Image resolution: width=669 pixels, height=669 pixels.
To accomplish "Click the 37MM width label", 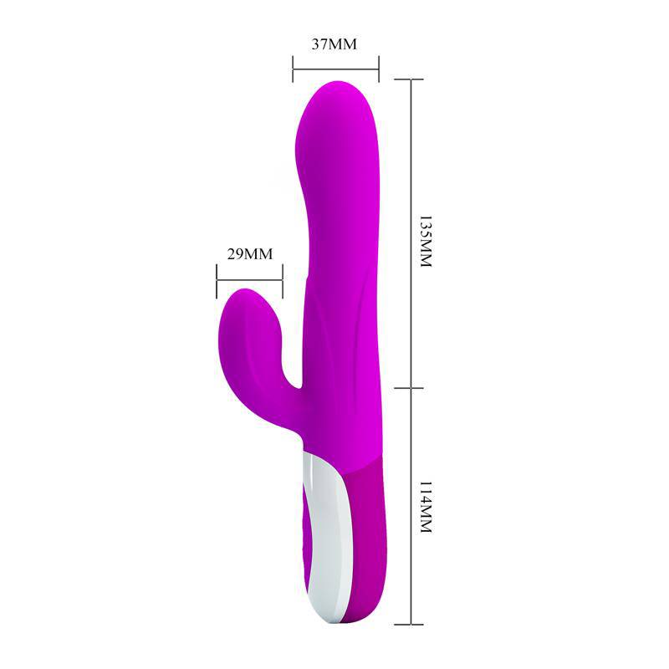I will point(334,44).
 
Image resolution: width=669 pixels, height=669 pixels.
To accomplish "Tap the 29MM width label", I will point(250,253).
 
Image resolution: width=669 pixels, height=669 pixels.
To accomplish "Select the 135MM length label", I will point(424,243).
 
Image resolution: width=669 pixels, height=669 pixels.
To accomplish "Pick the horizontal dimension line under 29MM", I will point(249,276).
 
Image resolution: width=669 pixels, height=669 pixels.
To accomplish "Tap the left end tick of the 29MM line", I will point(217,276).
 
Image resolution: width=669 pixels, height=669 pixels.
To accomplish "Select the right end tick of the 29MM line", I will point(283,276).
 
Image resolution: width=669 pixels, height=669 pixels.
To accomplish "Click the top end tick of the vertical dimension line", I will point(410,79).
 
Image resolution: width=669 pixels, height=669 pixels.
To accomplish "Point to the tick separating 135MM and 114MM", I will point(410,388).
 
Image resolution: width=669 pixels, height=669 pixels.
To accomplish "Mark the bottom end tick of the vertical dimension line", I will point(410,624).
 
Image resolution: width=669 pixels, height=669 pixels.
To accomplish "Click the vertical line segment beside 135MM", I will point(410,234).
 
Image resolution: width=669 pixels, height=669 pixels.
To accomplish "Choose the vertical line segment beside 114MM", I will point(410,506).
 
